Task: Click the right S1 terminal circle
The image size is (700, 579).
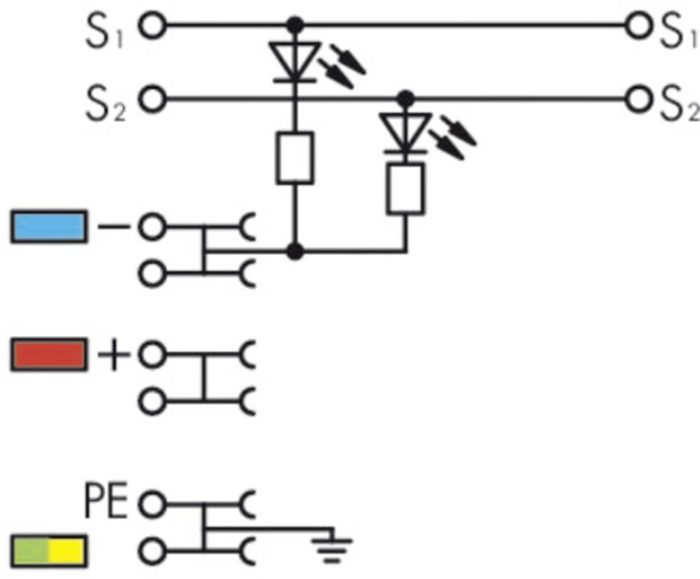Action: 638,27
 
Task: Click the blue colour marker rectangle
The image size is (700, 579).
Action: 49,227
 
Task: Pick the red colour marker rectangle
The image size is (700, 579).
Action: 49,354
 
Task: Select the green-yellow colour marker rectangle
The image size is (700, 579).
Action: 49,551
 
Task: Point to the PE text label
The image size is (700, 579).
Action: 106,502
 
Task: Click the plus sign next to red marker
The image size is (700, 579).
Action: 113,355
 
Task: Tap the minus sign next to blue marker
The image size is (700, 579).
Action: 112,227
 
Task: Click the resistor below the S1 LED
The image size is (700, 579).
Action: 295,160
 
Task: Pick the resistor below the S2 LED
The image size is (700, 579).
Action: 405,188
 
